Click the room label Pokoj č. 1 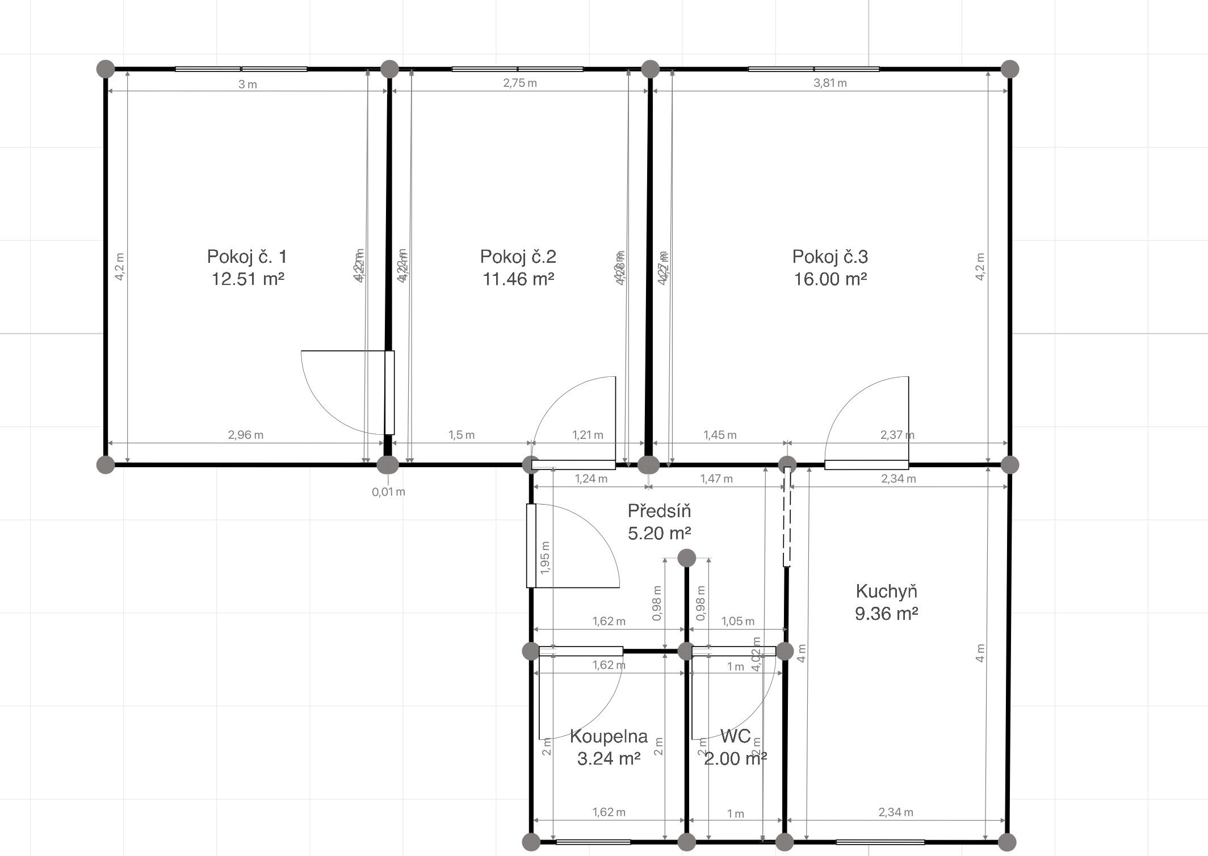pyautogui.click(x=247, y=257)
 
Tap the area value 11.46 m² pyautogui.click(x=518, y=279)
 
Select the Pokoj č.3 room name pyautogui.click(x=830, y=257)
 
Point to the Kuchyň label pyautogui.click(x=886, y=591)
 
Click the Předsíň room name pyautogui.click(x=659, y=511)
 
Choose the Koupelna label pyautogui.click(x=609, y=736)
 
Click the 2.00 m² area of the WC pyautogui.click(x=736, y=758)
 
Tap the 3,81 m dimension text pyautogui.click(x=830, y=83)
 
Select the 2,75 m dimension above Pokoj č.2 pyautogui.click(x=519, y=83)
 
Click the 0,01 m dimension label pyautogui.click(x=388, y=492)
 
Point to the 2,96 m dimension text pyautogui.click(x=246, y=435)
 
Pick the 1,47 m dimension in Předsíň pyautogui.click(x=716, y=479)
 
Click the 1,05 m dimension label pyautogui.click(x=738, y=621)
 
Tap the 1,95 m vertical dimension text pyautogui.click(x=546, y=557)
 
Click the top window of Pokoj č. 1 pyautogui.click(x=241, y=69)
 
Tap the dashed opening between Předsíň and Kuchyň pyautogui.click(x=787, y=517)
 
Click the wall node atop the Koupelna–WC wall pyautogui.click(x=686, y=558)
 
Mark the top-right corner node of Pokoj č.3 pyautogui.click(x=1009, y=69)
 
